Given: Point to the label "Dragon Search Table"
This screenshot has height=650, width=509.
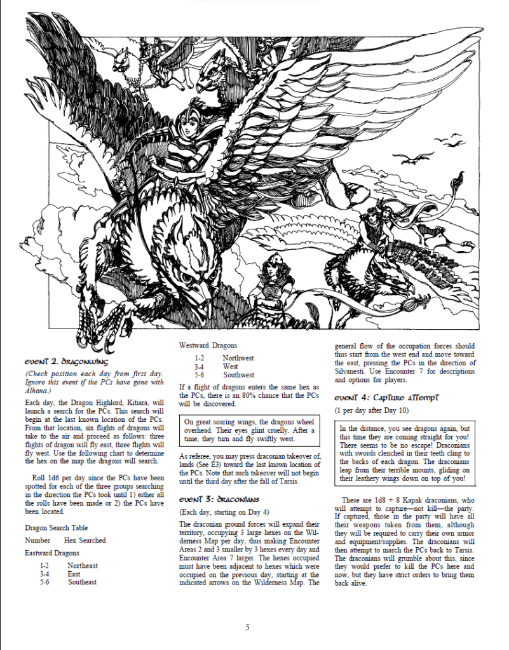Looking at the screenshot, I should point(57,528).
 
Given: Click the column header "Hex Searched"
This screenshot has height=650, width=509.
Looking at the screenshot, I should point(85,541).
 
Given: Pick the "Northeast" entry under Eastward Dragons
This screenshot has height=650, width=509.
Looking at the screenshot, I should point(83,565).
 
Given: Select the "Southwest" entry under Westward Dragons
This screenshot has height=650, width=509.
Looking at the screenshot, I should point(238,375).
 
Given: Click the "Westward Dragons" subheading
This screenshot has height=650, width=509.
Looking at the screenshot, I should point(208,346).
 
